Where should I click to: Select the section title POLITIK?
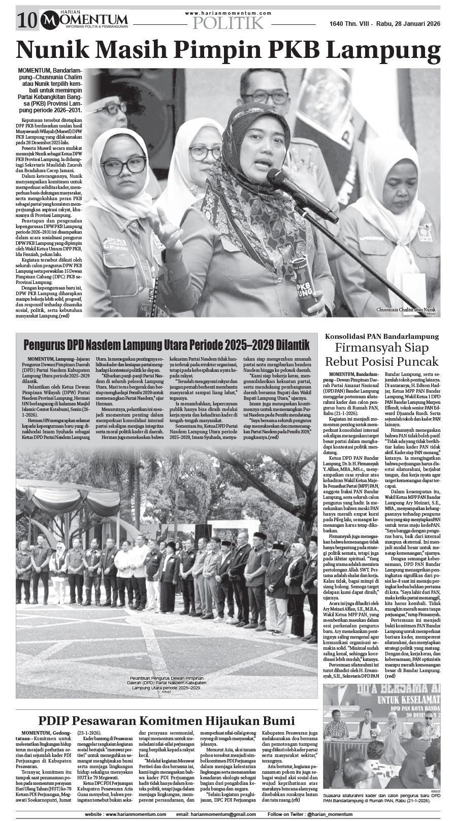[229, 23]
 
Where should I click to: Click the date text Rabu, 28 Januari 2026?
[408, 24]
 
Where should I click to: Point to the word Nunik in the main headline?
[58, 51]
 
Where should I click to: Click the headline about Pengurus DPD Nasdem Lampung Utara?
[167, 345]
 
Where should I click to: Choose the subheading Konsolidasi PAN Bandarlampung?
[381, 336]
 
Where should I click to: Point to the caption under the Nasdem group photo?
[166, 682]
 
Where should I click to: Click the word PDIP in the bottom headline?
[54, 721]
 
